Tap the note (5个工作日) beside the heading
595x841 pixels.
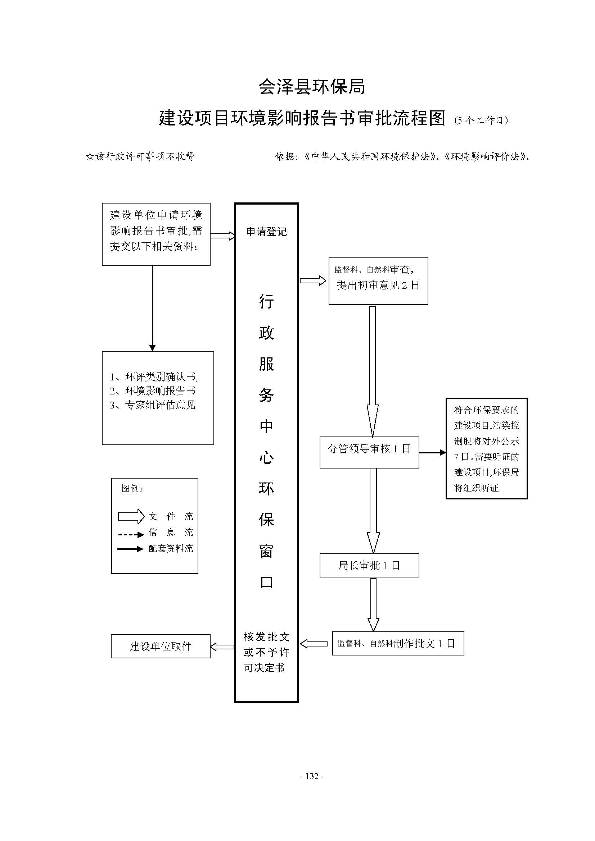(x=481, y=120)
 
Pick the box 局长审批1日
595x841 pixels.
(x=369, y=566)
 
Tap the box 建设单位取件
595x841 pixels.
(x=161, y=646)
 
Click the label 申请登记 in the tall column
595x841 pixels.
(x=266, y=232)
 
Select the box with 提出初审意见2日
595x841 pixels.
(x=378, y=281)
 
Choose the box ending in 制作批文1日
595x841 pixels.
(x=398, y=644)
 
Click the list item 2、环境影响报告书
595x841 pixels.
(x=153, y=391)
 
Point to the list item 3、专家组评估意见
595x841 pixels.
(x=153, y=405)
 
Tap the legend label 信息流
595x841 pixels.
(x=171, y=533)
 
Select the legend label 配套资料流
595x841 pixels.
(x=171, y=548)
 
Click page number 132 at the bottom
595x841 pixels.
(x=312, y=776)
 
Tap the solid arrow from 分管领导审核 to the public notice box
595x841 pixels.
(x=432, y=453)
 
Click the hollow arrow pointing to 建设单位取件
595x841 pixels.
(x=222, y=647)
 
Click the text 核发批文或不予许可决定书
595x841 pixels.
(x=266, y=652)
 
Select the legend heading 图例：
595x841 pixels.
(x=132, y=489)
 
